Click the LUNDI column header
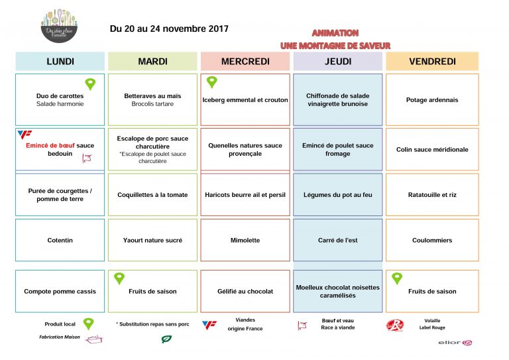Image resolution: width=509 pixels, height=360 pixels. pyautogui.click(x=60, y=62)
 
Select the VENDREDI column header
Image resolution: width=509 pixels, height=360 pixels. pyautogui.click(x=432, y=62)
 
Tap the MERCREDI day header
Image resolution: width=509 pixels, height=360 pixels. pyautogui.click(x=245, y=62)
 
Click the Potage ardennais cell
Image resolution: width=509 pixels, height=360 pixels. pyautogui.click(x=432, y=100)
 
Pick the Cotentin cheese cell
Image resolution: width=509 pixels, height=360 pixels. pyautogui.click(x=60, y=240)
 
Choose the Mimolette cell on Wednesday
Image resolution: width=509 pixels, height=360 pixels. pyautogui.click(x=245, y=240)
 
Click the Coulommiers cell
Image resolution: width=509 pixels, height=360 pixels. pyautogui.click(x=432, y=240)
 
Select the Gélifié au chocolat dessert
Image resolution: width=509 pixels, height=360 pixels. pyautogui.click(x=245, y=291)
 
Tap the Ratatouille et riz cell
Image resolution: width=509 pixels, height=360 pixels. pyautogui.click(x=432, y=195)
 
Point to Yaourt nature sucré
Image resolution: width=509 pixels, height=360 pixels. pyautogui.click(x=152, y=240)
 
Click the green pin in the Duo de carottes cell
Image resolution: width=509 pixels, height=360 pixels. pyautogui.click(x=90, y=84)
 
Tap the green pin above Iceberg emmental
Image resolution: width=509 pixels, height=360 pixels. pyautogui.click(x=211, y=82)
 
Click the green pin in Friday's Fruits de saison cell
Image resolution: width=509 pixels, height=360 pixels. pyautogui.click(x=397, y=278)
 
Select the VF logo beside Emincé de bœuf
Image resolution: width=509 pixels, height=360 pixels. pyautogui.click(x=25, y=134)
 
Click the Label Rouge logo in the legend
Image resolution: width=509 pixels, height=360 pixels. pyautogui.click(x=394, y=326)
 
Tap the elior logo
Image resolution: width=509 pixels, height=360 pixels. pyautogui.click(x=455, y=343)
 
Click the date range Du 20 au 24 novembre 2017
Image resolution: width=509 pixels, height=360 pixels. pyautogui.click(x=169, y=29)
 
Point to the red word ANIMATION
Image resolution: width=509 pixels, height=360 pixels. pyautogui.click(x=335, y=32)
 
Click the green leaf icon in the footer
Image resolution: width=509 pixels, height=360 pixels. pyautogui.click(x=166, y=339)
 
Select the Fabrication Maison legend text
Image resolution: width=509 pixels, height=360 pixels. pyautogui.click(x=61, y=337)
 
